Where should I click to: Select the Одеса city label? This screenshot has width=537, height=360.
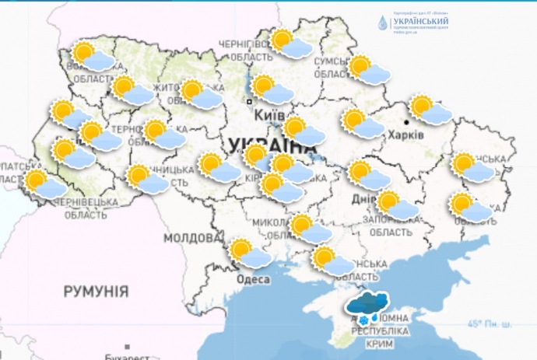pos(253,279)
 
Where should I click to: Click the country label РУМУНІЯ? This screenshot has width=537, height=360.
pos(96,292)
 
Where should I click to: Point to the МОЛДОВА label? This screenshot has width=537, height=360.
pos(191,237)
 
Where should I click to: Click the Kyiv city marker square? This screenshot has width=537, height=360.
pos(249,102)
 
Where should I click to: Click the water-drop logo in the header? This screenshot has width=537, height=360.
pos(382,24)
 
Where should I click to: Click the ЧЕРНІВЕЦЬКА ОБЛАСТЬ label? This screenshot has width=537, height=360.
pos(86,208)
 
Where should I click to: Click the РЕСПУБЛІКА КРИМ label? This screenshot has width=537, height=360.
pos(381,337)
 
